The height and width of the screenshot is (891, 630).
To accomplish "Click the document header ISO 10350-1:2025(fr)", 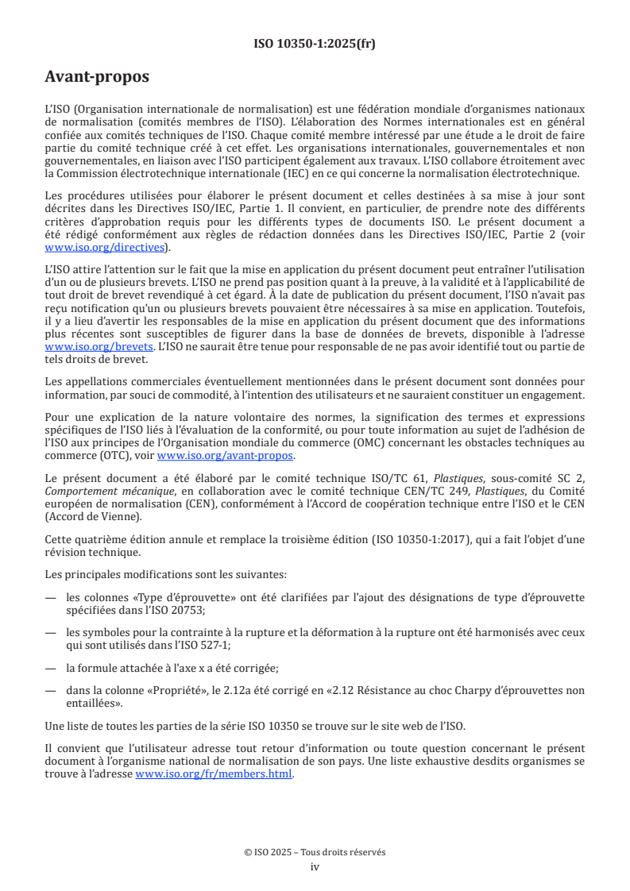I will point(315,44).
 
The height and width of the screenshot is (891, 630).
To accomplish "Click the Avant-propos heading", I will point(97,77).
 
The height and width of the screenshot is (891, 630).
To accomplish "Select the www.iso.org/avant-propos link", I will point(226,455).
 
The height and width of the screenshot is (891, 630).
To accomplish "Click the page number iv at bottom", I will point(315,866).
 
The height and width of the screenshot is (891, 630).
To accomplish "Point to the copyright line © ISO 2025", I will point(315,852).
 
